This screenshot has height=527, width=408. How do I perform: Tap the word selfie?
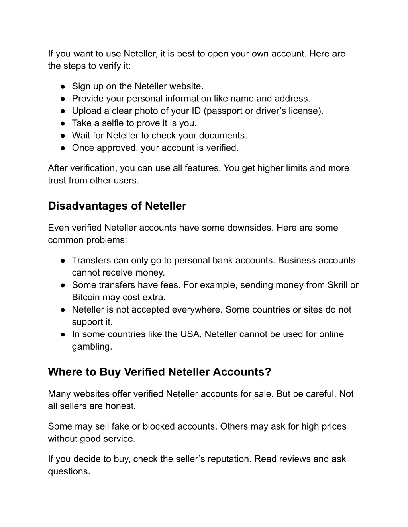pyautogui.click(x=109, y=123)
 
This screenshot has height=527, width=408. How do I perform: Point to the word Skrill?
pyautogui.click(x=337, y=285)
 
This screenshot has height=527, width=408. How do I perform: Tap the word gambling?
pyautogui.click(x=91, y=346)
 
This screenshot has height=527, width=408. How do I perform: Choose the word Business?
pyautogui.click(x=296, y=260)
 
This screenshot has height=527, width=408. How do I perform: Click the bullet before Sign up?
pyautogui.click(x=63, y=86)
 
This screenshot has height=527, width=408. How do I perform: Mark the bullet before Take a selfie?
pyautogui.click(x=63, y=123)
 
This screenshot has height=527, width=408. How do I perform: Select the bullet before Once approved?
pyautogui.click(x=63, y=148)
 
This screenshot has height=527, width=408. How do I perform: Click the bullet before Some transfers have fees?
pyautogui.click(x=63, y=285)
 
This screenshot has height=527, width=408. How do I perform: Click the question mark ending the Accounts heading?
pyautogui.click(x=268, y=372)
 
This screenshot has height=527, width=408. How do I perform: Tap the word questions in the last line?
pyautogui.click(x=68, y=471)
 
